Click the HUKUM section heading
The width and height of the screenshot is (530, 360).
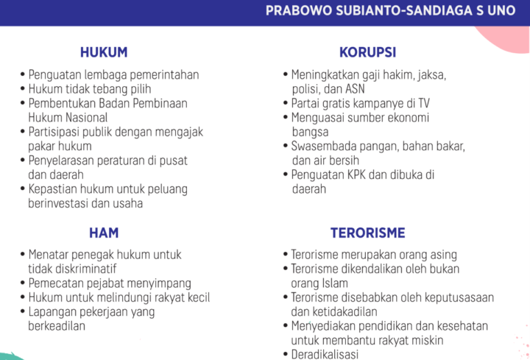tap(104, 52)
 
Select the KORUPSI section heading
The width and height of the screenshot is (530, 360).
tap(367, 52)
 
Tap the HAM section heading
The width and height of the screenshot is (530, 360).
tap(104, 233)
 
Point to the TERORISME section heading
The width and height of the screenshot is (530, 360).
tap(368, 233)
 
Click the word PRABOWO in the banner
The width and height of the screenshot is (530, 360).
tap(299, 10)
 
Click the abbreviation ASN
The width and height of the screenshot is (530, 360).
tap(355, 89)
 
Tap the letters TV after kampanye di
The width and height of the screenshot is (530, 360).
tap(423, 103)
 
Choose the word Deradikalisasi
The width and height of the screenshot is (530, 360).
tap(325, 354)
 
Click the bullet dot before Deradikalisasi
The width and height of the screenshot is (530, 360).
tap(286, 354)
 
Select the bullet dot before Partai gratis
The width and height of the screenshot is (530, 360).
tap(286, 102)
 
